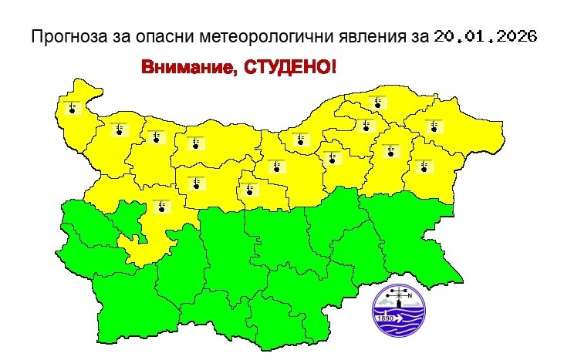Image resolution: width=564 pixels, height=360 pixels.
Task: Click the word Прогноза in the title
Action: pos(62,37)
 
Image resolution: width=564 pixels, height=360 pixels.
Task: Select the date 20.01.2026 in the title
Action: pos(485,37)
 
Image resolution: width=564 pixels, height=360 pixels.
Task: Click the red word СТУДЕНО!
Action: pos(290,67)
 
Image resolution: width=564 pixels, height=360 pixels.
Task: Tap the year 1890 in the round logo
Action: pos(384,318)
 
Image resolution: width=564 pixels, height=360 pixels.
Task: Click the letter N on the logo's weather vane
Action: pos(411,294)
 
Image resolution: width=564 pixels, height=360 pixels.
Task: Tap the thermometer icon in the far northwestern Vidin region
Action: pos(73,106)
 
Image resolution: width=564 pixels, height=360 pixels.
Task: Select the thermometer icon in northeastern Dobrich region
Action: pos(434,126)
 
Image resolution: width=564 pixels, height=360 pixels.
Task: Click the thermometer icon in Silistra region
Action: pos(377,101)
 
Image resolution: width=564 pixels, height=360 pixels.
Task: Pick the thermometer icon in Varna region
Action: pos(423,165)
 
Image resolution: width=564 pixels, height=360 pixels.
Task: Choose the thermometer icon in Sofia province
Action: pos(160,205)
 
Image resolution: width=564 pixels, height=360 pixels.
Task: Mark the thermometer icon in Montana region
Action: pos(119,128)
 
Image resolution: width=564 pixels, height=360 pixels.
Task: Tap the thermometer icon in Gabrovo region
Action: pos(249,189)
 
